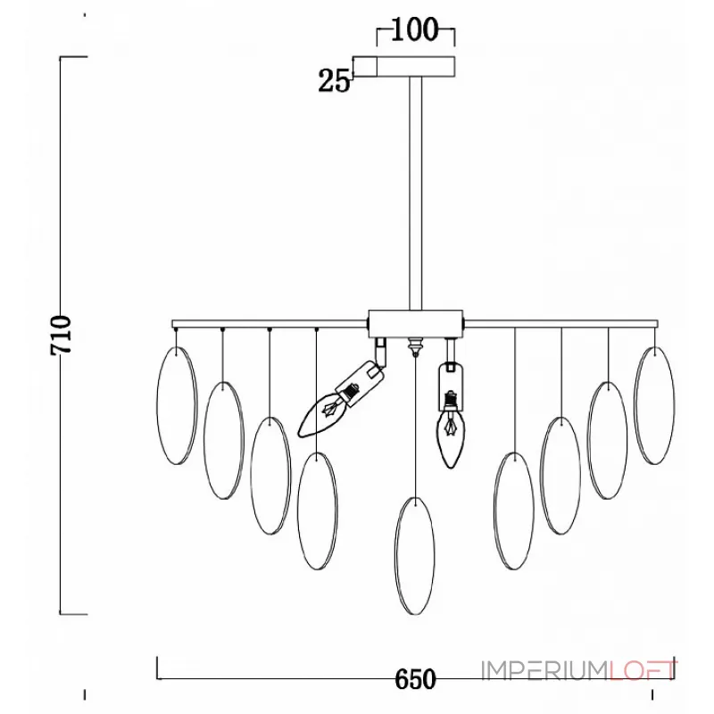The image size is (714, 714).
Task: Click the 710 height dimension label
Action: (x=61, y=335)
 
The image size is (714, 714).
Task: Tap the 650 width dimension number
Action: (x=415, y=680)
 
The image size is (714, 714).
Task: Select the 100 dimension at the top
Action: (x=414, y=29)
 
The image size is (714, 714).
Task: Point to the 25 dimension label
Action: (x=334, y=81)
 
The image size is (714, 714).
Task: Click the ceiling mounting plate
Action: (x=404, y=66)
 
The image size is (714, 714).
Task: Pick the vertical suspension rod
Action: (x=415, y=194)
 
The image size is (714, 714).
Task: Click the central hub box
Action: (x=415, y=323)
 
